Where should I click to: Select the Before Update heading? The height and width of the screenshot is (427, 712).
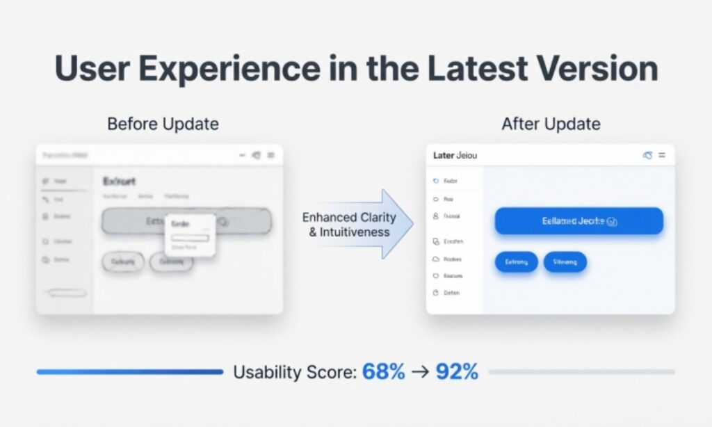[x=163, y=124]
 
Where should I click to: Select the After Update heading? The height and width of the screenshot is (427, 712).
[x=551, y=124]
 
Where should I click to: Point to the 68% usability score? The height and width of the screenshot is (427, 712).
[x=383, y=371]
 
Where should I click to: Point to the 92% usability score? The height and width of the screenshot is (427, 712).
[x=457, y=371]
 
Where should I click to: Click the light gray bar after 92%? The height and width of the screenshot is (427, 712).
[x=581, y=372]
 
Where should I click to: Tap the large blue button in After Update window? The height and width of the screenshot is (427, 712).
[x=578, y=221]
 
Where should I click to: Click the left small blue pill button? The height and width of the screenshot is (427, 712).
[x=516, y=262]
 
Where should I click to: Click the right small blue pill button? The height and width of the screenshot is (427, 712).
[x=565, y=262]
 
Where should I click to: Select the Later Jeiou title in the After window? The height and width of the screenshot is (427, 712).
[x=455, y=155]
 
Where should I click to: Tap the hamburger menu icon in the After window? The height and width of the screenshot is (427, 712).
[x=662, y=155]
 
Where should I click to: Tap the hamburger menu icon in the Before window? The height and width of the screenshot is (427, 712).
[x=270, y=155]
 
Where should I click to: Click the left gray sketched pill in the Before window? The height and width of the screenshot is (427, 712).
[x=123, y=262]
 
